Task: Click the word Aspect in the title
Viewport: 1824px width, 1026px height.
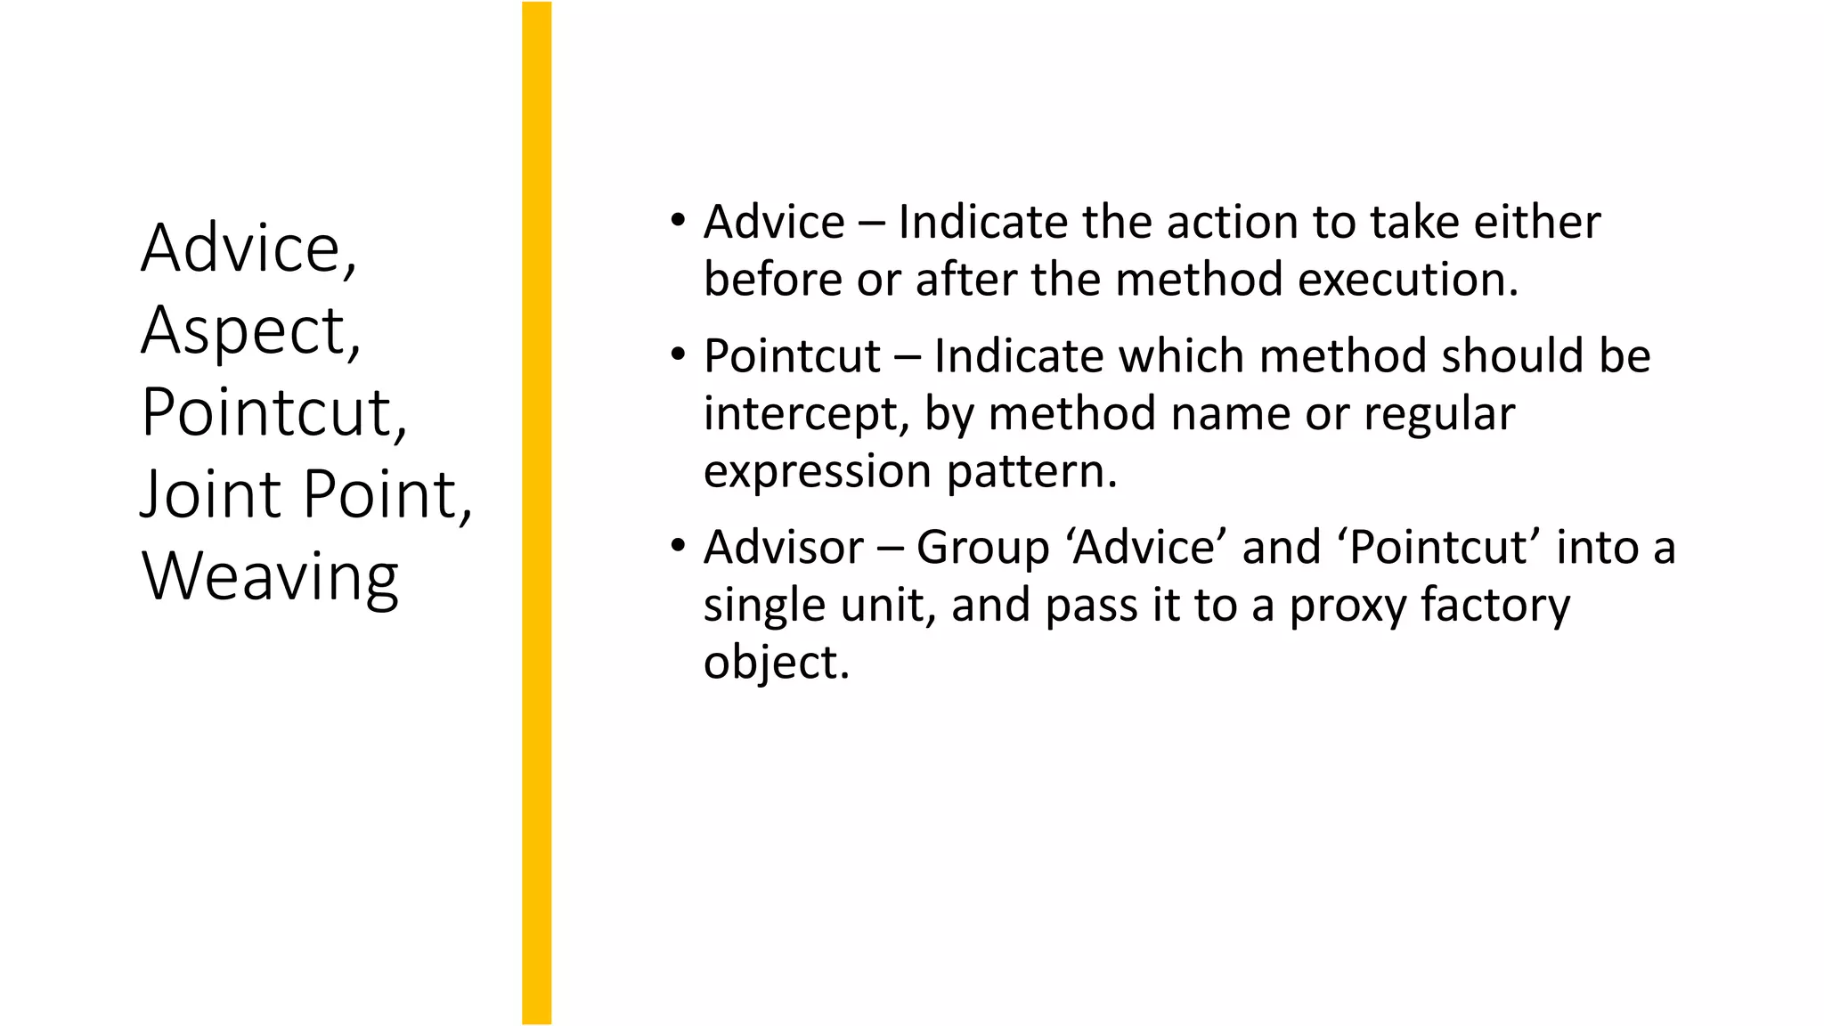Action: pyautogui.click(x=250, y=331)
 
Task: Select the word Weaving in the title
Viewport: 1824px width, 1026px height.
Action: pyautogui.click(x=270, y=577)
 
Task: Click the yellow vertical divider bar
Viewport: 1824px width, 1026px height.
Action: pyautogui.click(x=536, y=513)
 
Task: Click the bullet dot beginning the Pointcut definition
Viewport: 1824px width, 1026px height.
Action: pyautogui.click(x=679, y=354)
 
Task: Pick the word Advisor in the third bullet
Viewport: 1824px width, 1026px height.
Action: pyautogui.click(x=783, y=547)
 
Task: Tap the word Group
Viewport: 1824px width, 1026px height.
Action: pyautogui.click(x=982, y=547)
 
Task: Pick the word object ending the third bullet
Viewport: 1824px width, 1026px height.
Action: pyautogui.click(x=776, y=663)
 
